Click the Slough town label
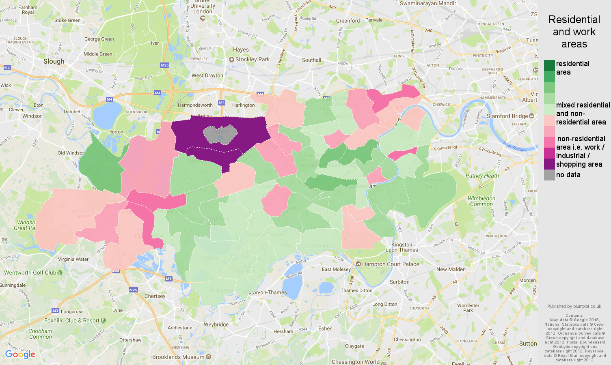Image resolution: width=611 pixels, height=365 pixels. tap(54, 61)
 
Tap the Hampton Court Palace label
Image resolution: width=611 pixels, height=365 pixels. tap(390, 264)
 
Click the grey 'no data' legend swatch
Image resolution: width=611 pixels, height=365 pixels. tap(549, 175)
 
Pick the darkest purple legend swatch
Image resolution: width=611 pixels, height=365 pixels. tap(549, 164)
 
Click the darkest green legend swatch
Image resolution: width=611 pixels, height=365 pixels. tap(549, 65)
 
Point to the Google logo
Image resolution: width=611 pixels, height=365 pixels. tap(20, 354)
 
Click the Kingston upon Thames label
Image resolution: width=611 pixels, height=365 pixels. tap(402, 247)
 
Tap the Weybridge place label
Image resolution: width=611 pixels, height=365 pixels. tap(216, 324)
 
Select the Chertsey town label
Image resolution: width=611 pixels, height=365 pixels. tap(155, 296)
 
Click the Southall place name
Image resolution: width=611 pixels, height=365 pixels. tap(311, 60)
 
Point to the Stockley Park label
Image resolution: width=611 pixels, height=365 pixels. tap(252, 59)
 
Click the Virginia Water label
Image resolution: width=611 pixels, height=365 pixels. tap(73, 259)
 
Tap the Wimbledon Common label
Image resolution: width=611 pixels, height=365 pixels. tap(481, 201)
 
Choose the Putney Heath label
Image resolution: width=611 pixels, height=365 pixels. tap(482, 176)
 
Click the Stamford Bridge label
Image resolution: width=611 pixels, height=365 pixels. tap(507, 116)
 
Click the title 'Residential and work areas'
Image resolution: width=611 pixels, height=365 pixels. tap(574, 32)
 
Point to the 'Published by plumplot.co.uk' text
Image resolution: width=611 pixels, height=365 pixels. tap(574, 306)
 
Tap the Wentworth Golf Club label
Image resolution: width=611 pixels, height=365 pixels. tap(30, 273)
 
